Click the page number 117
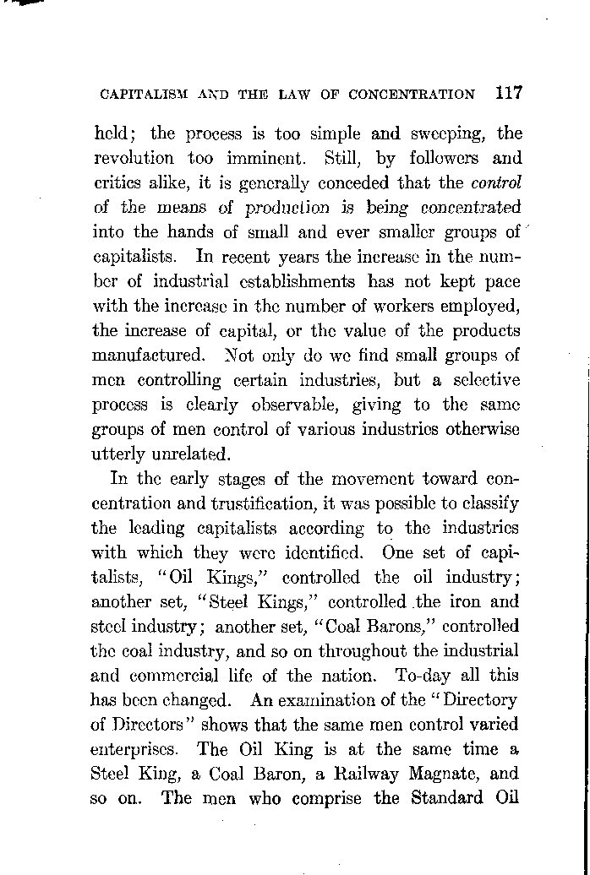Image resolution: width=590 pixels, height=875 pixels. click(x=504, y=93)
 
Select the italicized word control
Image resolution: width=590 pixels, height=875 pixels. click(x=497, y=182)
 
